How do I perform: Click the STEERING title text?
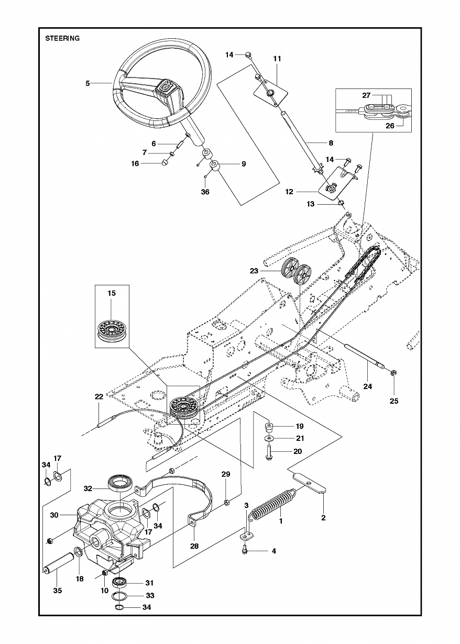[62, 38]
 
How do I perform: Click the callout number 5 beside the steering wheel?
[87, 83]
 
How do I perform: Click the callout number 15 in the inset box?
[111, 293]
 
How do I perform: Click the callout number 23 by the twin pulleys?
[254, 271]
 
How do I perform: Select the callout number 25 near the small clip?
[394, 401]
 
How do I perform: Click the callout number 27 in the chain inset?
[366, 95]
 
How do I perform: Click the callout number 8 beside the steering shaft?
[331, 142]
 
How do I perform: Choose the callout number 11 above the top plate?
[277, 59]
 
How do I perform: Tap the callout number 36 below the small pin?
[205, 192]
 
